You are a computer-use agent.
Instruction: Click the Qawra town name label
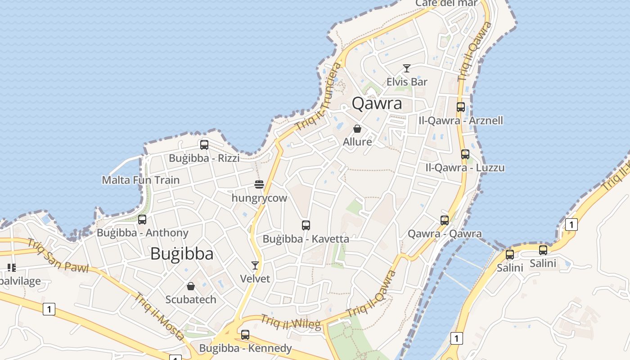tap(377, 103)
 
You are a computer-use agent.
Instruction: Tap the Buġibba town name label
tap(182, 254)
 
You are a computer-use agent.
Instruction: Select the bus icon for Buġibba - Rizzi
tap(204, 145)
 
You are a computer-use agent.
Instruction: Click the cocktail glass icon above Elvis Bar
tap(407, 68)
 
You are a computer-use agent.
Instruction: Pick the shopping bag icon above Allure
tap(357, 129)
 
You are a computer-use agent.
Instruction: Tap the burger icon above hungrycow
tap(259, 184)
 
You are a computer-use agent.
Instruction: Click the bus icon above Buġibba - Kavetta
tap(306, 225)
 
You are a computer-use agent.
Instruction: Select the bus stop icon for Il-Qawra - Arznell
tap(461, 107)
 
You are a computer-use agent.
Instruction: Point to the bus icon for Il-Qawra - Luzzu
tap(465, 154)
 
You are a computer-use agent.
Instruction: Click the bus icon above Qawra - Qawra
tap(445, 220)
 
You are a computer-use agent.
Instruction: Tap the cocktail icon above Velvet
tap(255, 265)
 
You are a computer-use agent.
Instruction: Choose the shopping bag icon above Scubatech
tap(191, 286)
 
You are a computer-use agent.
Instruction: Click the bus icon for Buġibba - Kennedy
tap(245, 335)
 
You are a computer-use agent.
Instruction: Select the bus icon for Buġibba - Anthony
tap(142, 220)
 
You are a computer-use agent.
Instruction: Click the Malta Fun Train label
tap(140, 180)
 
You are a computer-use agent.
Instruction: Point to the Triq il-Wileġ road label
tap(291, 322)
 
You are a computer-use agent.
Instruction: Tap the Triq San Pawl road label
tap(57, 256)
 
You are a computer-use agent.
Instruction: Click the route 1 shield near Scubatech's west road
tap(49, 309)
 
